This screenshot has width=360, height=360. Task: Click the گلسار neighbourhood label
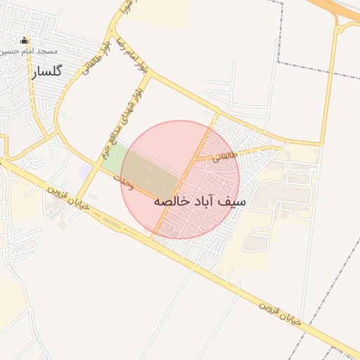(47, 71)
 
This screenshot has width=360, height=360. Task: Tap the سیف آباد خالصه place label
(200, 201)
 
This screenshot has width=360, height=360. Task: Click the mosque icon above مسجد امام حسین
(25, 41)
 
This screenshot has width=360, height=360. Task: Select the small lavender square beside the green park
(85, 171)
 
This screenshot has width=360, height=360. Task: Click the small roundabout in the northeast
(345, 27)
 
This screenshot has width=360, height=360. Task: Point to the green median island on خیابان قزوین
(113, 224)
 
